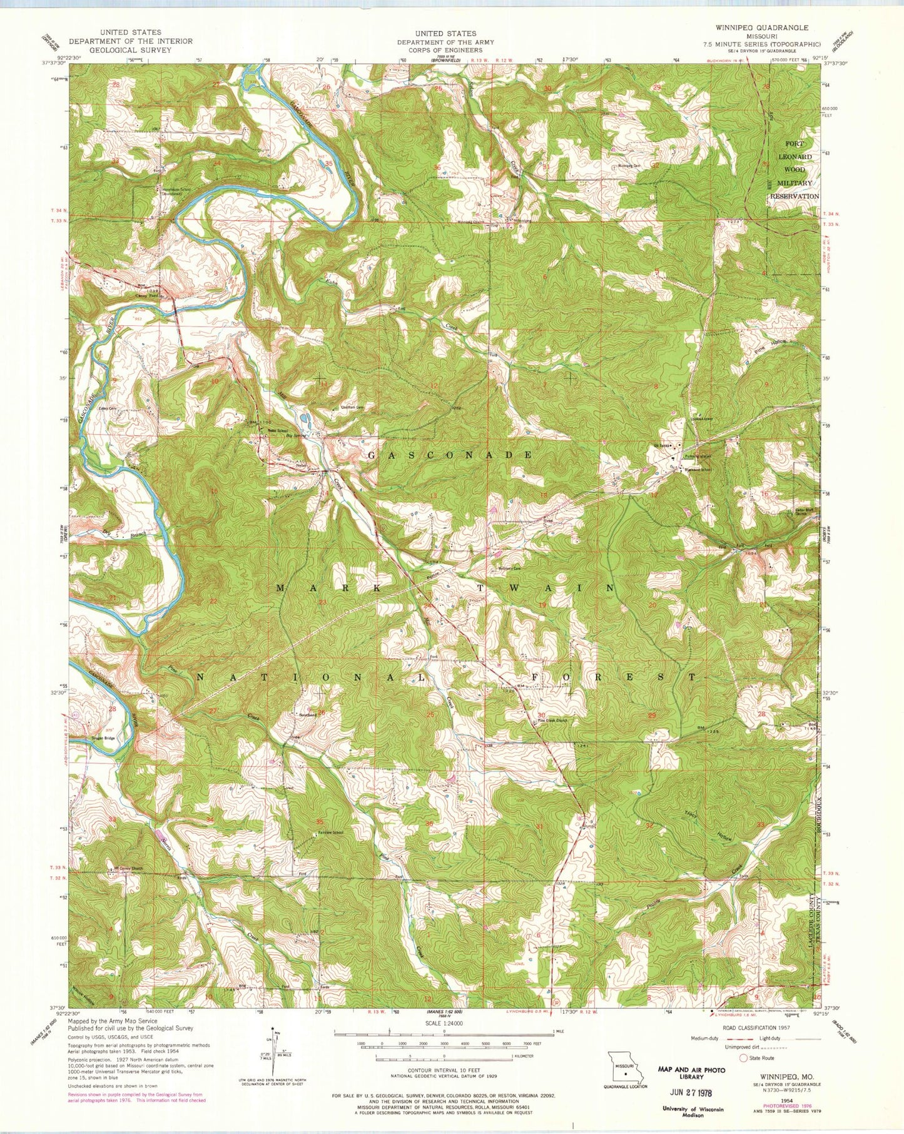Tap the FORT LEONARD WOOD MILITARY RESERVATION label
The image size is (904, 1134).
click(793, 170)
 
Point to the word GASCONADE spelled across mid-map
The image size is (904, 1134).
click(449, 455)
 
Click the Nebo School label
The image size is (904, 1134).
click(278, 430)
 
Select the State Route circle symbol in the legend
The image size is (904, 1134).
click(743, 1058)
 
